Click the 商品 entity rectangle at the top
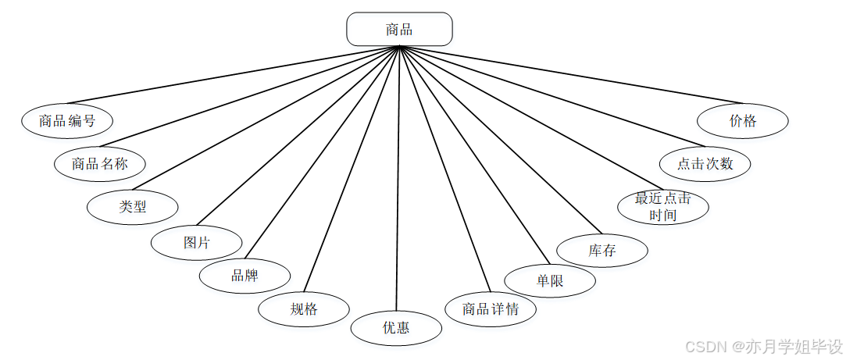point(399,30)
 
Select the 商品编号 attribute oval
point(67,120)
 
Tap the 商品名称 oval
point(100,163)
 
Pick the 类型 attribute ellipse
point(133,206)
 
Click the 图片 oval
point(196,242)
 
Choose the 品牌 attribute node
point(245,276)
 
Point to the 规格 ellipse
point(304,308)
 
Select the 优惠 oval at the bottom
point(396,327)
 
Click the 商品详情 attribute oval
point(491,308)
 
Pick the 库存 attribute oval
point(602,251)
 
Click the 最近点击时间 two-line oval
point(662,206)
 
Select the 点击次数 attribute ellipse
point(705,163)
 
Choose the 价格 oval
point(743,120)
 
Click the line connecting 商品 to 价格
point(570,74)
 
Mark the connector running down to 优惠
point(398,180)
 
